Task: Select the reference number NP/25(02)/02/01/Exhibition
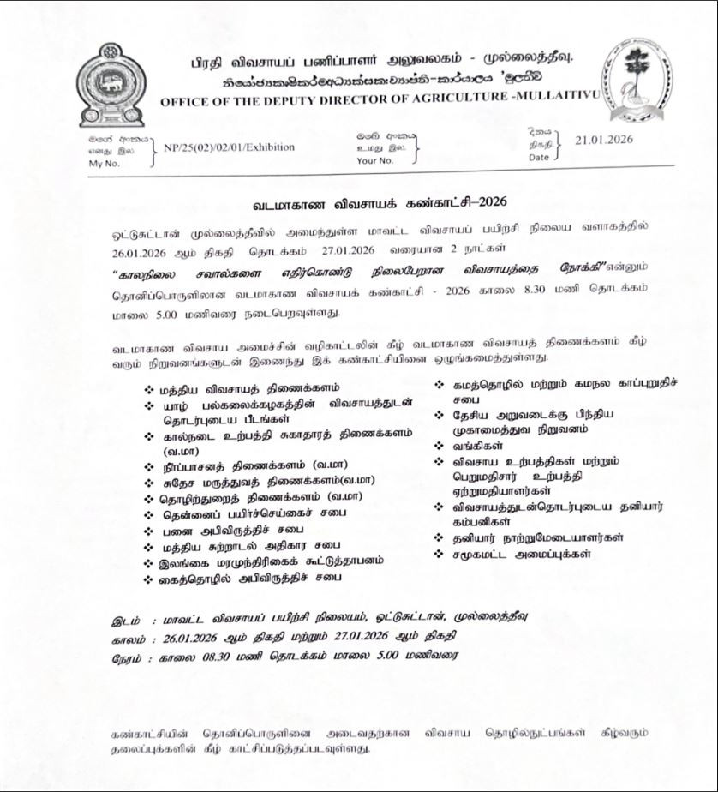[x=229, y=147]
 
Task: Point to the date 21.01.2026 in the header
[x=604, y=140]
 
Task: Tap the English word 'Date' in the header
[x=538, y=157]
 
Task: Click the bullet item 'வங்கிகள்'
[x=477, y=446]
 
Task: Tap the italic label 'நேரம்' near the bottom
[x=129, y=657]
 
